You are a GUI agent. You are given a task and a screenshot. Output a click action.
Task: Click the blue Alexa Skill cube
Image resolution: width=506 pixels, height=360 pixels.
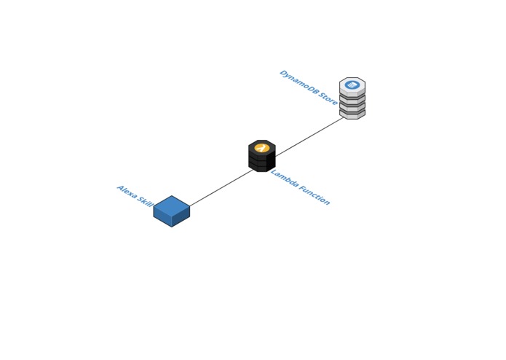(x=172, y=211)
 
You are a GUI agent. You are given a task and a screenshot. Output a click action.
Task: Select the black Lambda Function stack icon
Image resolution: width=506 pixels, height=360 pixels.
(x=261, y=156)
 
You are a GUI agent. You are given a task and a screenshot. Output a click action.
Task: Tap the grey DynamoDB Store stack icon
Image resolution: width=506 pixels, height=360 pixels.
(x=352, y=98)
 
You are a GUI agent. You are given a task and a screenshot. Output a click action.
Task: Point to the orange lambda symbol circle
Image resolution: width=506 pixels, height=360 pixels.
(x=261, y=148)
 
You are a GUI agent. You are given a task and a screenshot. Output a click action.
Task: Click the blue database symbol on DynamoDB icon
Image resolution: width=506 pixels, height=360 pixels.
(x=352, y=85)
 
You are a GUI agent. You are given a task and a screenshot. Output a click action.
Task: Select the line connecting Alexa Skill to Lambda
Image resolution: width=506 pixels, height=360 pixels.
(x=222, y=187)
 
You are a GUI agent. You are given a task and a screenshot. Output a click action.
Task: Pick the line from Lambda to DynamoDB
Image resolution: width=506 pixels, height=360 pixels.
(x=309, y=136)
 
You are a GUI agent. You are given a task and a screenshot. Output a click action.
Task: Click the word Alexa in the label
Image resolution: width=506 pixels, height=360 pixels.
(x=127, y=192)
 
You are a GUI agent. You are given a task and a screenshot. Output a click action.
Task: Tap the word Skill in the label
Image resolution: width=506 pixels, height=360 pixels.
(x=145, y=202)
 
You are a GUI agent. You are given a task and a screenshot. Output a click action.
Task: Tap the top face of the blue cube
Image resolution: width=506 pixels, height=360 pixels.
(x=172, y=205)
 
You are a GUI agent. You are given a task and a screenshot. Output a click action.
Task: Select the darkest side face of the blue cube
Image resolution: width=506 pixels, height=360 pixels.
(x=181, y=219)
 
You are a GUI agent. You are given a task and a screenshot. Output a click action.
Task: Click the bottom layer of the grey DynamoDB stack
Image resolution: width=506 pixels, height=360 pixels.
(x=352, y=114)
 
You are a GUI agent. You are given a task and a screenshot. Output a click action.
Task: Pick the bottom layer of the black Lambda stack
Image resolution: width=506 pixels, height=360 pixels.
(x=261, y=167)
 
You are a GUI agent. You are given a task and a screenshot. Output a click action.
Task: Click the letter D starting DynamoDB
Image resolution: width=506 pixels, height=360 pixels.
(x=282, y=74)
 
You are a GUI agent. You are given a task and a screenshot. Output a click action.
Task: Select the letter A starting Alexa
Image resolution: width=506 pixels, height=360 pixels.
(x=120, y=188)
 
